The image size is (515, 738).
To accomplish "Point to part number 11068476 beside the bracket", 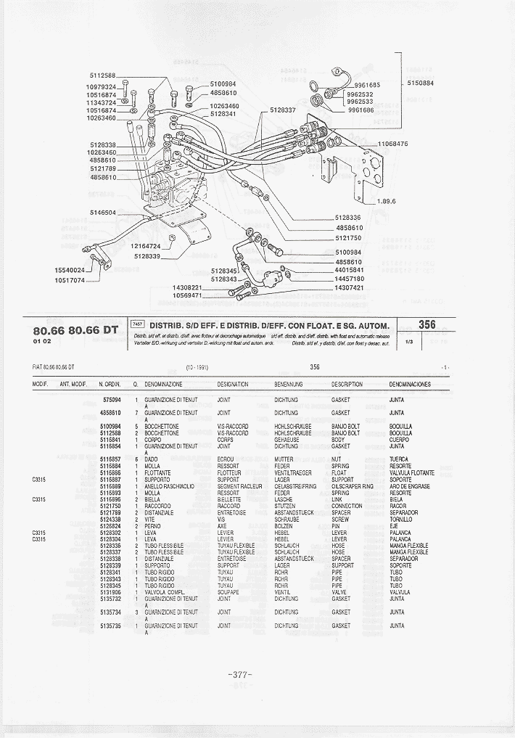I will point(393,144).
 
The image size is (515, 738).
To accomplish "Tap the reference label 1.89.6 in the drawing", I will point(385,201).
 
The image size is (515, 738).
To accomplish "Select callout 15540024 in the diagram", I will point(70,270).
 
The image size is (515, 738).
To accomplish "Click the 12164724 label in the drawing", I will point(146,247).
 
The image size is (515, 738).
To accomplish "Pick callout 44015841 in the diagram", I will point(349,270).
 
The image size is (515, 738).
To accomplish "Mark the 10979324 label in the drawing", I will point(102,87).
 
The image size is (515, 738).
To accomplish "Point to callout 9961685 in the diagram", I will point(363,86).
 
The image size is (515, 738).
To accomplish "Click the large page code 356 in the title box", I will point(427,325).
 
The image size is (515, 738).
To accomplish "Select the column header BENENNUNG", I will point(287,384).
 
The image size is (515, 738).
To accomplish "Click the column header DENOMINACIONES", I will point(410,384).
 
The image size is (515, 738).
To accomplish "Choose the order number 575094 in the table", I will point(111,400).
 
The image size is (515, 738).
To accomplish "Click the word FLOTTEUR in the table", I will point(229,473).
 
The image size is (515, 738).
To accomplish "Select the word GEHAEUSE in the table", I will point(287,440).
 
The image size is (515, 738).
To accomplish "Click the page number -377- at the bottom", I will point(240,675).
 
